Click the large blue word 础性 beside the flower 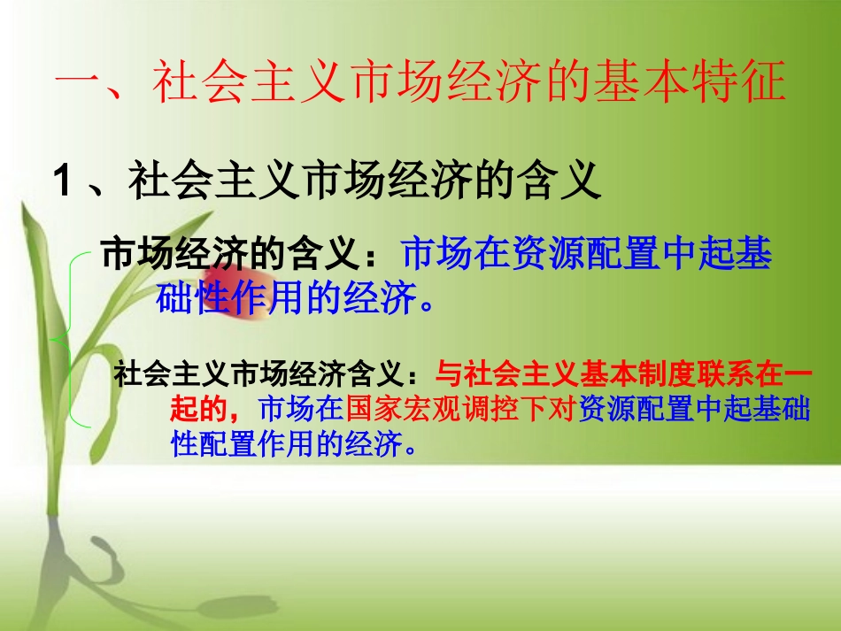tap(189, 300)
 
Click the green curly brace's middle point tap(57, 336)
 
